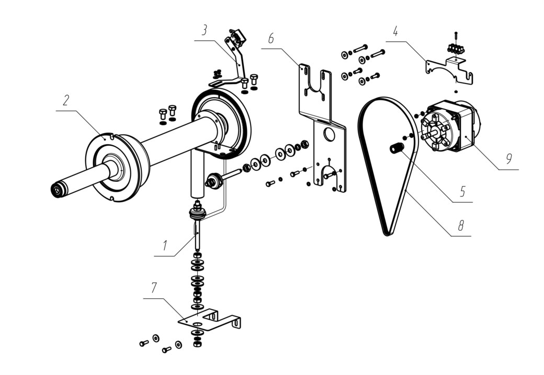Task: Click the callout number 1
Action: coord(165,245)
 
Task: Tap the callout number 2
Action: coord(66,100)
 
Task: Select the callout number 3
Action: coord(205,30)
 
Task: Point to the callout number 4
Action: coord(395,31)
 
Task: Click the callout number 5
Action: coord(462,191)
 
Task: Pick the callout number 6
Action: coord(271,38)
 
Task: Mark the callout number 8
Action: coord(460,226)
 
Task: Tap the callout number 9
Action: coord(508,159)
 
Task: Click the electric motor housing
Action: coord(451,126)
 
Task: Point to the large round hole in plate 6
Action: coord(328,134)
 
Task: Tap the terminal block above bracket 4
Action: coord(456,49)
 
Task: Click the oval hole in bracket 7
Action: coord(197,324)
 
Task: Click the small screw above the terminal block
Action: coord(456,37)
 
